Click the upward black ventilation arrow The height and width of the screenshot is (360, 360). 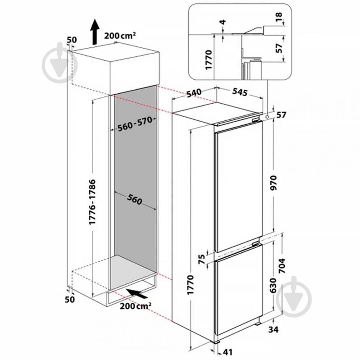click(x=94, y=32)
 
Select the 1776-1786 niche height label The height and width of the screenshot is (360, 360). click(x=92, y=202)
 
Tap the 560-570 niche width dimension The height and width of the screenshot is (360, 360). click(x=135, y=124)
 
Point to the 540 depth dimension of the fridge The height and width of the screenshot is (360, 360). click(x=194, y=93)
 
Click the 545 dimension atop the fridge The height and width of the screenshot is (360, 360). click(x=240, y=92)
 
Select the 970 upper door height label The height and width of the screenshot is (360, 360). click(x=274, y=183)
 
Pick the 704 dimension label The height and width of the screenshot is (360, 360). click(x=282, y=266)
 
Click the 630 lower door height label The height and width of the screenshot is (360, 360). click(x=273, y=285)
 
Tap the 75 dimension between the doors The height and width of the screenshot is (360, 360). click(x=201, y=259)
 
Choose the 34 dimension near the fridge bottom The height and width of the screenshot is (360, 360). click(x=273, y=330)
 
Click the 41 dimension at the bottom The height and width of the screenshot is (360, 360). click(x=227, y=352)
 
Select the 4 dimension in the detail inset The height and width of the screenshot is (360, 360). click(x=223, y=22)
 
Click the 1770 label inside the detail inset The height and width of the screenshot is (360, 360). click(x=209, y=60)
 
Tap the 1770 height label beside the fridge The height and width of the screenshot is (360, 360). click(x=190, y=285)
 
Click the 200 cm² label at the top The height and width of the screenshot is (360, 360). click(x=120, y=36)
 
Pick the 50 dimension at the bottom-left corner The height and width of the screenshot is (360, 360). click(x=69, y=300)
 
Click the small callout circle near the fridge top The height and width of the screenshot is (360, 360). click(x=267, y=117)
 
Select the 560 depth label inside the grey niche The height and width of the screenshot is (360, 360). click(x=135, y=199)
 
